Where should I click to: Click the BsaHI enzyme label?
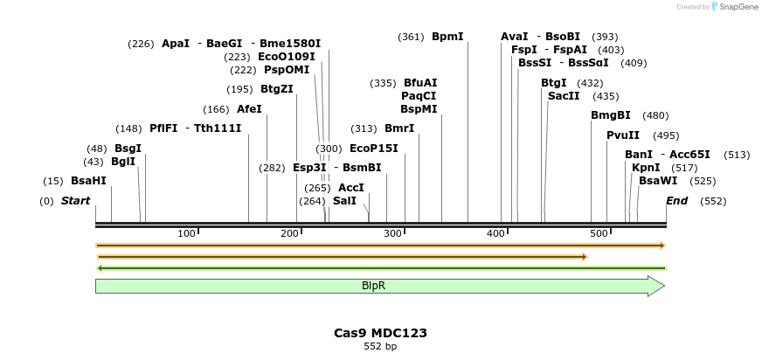click(88, 181)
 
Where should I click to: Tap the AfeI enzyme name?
click(249, 109)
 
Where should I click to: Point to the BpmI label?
click(447, 37)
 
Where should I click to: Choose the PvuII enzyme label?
click(623, 135)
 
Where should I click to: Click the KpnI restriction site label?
click(646, 168)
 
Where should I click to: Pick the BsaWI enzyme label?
click(658, 181)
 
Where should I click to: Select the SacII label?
click(564, 96)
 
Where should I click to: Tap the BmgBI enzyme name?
click(610, 115)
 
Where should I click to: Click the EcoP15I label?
click(373, 149)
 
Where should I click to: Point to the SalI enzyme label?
click(344, 201)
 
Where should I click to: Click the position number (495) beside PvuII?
click(666, 135)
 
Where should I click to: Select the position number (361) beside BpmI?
click(411, 37)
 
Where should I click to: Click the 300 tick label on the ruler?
click(393, 233)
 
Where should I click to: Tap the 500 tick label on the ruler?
click(599, 233)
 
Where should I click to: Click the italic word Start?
click(75, 201)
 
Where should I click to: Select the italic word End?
click(676, 201)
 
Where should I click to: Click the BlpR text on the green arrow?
click(374, 286)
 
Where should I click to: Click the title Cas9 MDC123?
click(380, 333)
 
